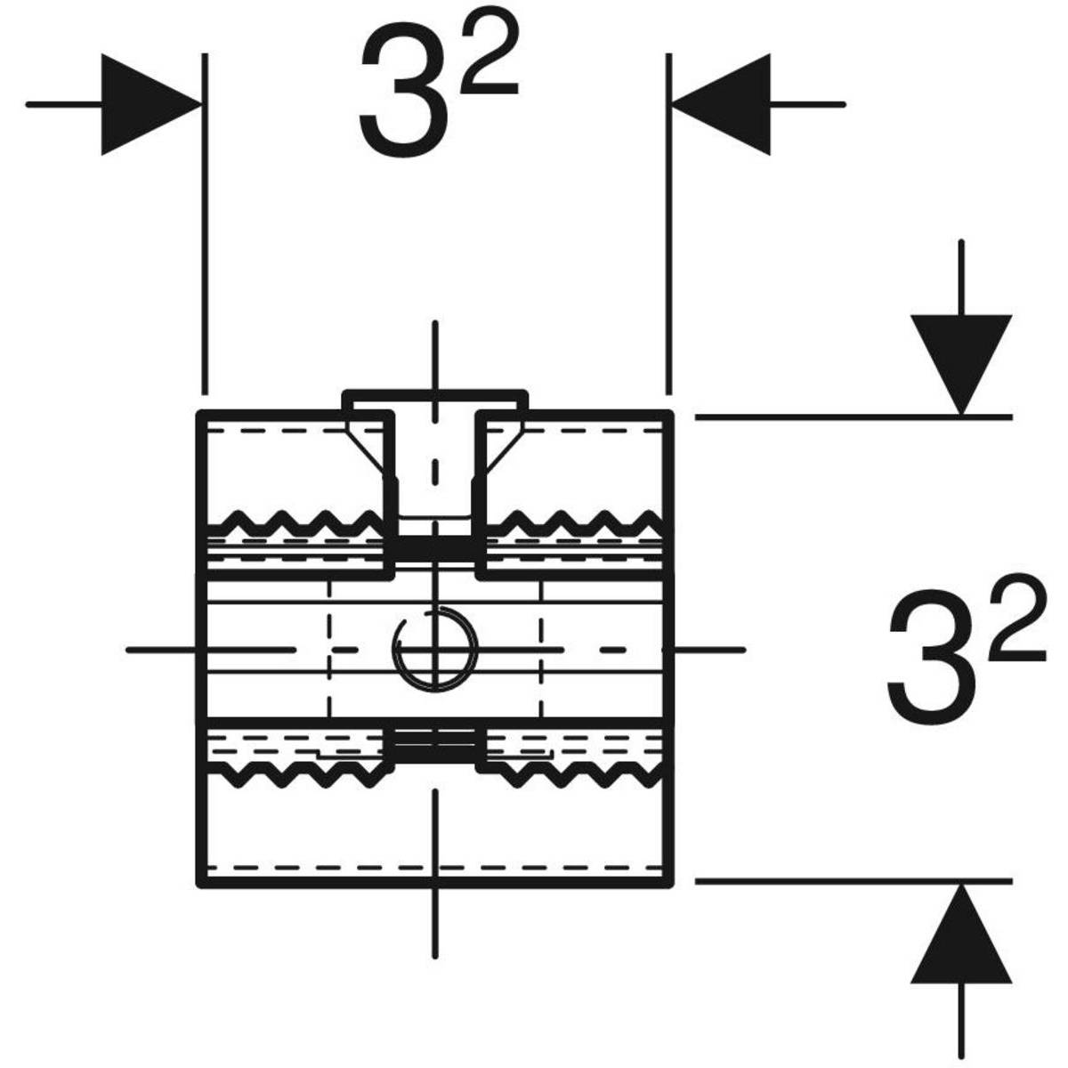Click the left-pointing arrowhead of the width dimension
point(721,104)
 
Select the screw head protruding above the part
point(435,400)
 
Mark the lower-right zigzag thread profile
point(574,776)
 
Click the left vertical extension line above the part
point(205,222)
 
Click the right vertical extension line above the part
point(667,222)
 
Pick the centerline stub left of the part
point(160,650)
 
